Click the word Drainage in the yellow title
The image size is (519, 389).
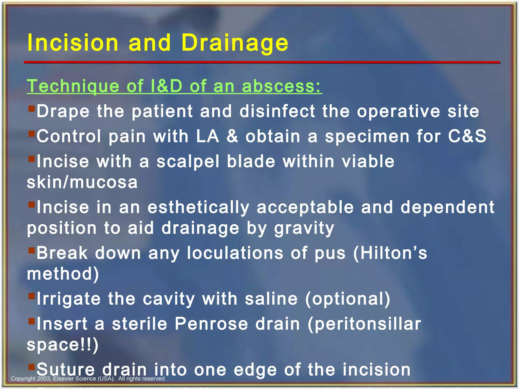[235, 43]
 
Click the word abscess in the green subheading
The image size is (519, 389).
[281, 86]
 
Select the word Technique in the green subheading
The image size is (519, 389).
[73, 86]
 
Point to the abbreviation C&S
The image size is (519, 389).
[467, 136]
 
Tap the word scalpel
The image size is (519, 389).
[188, 162]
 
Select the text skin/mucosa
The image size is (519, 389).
[82, 182]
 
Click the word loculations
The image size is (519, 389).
[235, 253]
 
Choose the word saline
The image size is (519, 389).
[271, 299]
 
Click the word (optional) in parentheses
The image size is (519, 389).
[348, 299]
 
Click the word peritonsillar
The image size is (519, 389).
[364, 324]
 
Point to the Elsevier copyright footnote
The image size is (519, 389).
[88, 379]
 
